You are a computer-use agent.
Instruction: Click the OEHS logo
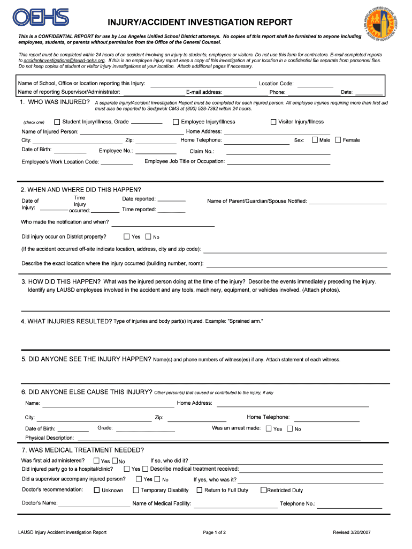pyautogui.click(x=42, y=17)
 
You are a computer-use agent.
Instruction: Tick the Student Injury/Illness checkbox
pyautogui.click(x=57, y=122)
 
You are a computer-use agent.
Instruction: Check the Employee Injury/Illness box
pyautogui.click(x=176, y=122)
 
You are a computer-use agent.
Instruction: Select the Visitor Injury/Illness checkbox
pyautogui.click(x=273, y=122)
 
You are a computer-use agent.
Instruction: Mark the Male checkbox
pyautogui.click(x=314, y=140)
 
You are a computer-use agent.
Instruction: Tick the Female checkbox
pyautogui.click(x=338, y=140)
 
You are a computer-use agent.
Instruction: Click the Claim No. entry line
pyautogui.click(x=278, y=152)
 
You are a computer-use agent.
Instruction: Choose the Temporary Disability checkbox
pyautogui.click(x=136, y=490)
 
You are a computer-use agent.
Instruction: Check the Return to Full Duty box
pyautogui.click(x=200, y=490)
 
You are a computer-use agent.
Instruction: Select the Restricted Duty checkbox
pyautogui.click(x=263, y=490)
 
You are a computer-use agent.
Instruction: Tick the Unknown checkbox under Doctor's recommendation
pyautogui.click(x=97, y=490)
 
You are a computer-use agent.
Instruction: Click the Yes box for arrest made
pyautogui.click(x=269, y=428)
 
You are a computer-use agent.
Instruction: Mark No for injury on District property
pyautogui.click(x=148, y=236)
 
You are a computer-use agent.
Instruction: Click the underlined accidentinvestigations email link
pyautogui.click(x=64, y=61)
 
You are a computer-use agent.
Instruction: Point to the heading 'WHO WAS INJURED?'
pyautogui.click(x=55, y=102)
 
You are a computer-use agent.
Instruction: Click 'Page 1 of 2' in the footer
pyautogui.click(x=215, y=532)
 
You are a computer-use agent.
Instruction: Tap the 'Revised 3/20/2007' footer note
pyautogui.click(x=352, y=532)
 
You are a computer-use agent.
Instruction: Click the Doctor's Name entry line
pyautogui.click(x=94, y=505)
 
